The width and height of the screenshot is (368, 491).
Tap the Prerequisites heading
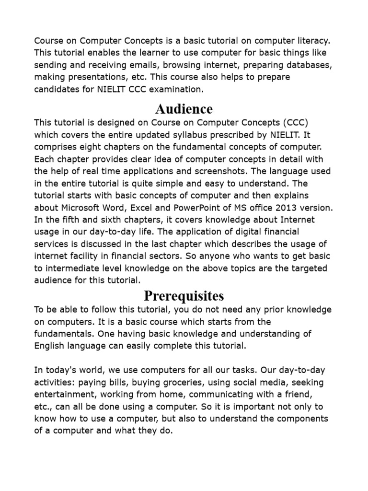point(184,295)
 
